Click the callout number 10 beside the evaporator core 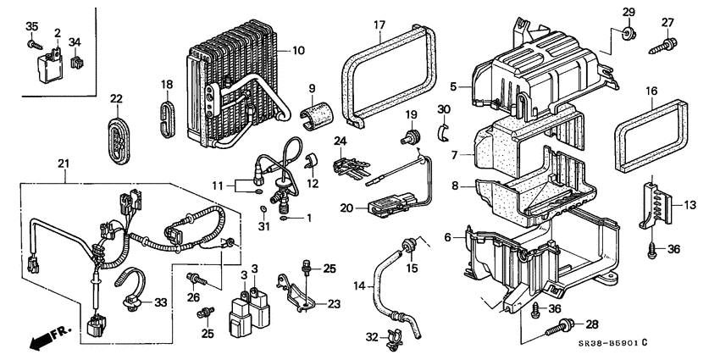[297, 52]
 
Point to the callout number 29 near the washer [628, 11]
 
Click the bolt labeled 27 [662, 42]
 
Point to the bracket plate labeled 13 [656, 203]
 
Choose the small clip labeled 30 [444, 130]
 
